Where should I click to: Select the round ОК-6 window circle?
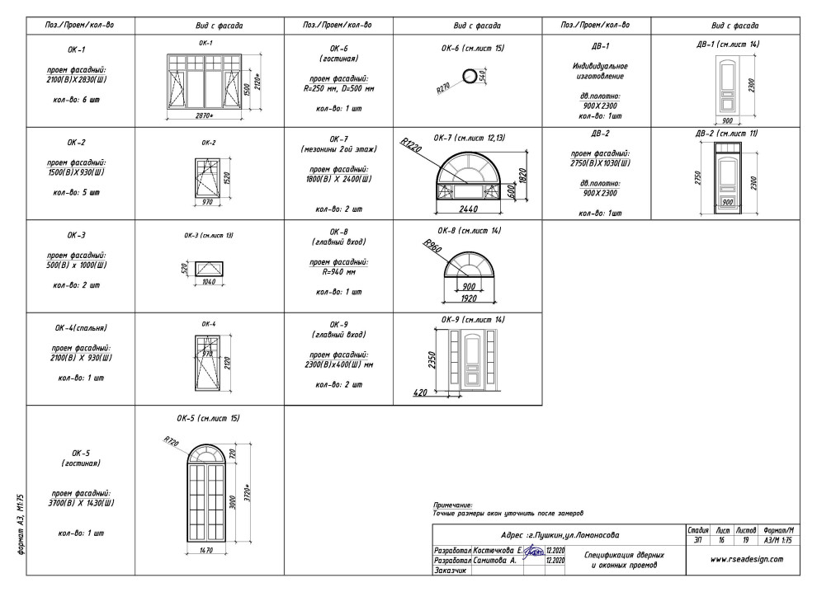pos(470,77)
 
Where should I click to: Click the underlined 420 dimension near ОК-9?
pos(419,393)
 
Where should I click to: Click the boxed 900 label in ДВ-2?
pos(728,201)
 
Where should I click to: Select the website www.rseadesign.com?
pos(747,558)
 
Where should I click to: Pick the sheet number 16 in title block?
pos(721,540)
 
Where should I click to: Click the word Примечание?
pos(452,505)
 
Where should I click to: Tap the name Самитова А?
pos(495,560)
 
